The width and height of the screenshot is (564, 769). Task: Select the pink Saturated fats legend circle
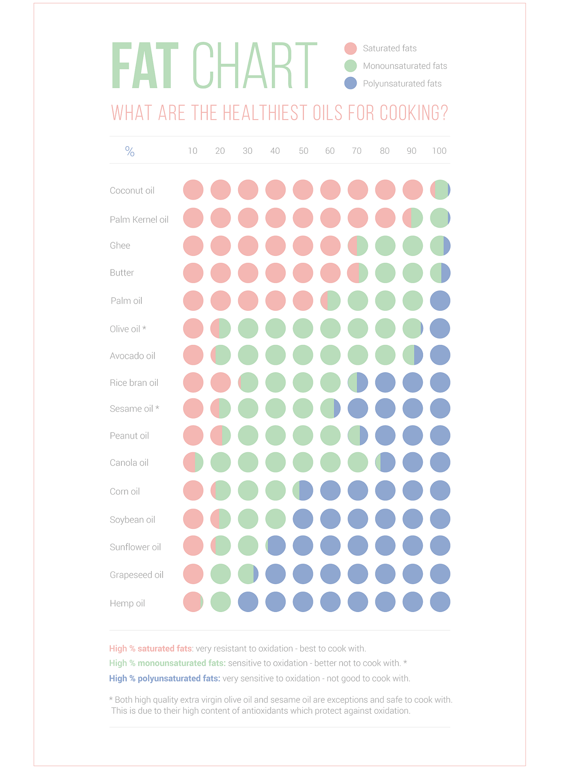tap(350, 48)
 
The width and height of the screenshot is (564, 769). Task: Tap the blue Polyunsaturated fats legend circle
tap(350, 83)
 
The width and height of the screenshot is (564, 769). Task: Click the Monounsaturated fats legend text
tap(405, 66)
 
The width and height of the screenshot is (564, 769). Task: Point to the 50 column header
tap(303, 151)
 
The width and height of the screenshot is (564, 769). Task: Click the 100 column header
tap(439, 151)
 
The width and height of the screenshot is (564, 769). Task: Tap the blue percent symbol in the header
tap(130, 151)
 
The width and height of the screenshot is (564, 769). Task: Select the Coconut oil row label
tap(132, 191)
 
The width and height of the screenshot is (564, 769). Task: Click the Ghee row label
tap(120, 246)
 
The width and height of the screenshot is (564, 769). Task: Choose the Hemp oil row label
tap(127, 603)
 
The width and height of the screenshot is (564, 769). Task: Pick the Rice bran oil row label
tap(134, 383)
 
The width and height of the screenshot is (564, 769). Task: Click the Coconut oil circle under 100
tap(440, 190)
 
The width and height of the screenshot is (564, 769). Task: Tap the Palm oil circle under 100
tap(440, 300)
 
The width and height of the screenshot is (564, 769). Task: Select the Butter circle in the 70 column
tap(357, 273)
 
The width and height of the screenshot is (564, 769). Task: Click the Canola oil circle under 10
tap(193, 462)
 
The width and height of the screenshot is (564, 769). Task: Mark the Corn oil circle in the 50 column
tap(303, 490)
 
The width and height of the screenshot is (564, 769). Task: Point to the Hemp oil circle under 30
tap(248, 602)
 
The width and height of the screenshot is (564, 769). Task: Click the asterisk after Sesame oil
tap(157, 408)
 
